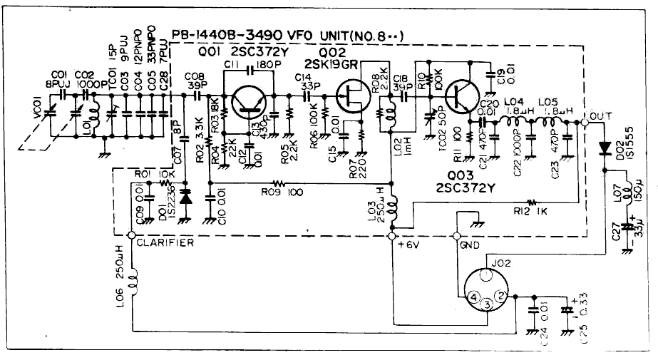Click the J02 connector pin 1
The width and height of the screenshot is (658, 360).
pos(486,274)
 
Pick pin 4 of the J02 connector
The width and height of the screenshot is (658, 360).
pos(471,294)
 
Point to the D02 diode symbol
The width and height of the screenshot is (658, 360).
pos(605,148)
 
